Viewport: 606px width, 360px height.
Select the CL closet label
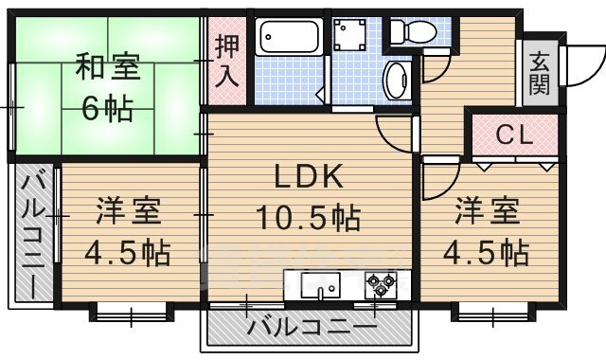point(514,135)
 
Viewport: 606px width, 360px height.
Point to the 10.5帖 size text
point(308,221)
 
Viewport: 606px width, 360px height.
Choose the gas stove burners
point(381,282)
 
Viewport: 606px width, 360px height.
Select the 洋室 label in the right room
point(488,210)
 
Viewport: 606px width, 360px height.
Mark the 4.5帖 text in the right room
point(488,253)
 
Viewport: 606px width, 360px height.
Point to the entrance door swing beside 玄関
point(572,66)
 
